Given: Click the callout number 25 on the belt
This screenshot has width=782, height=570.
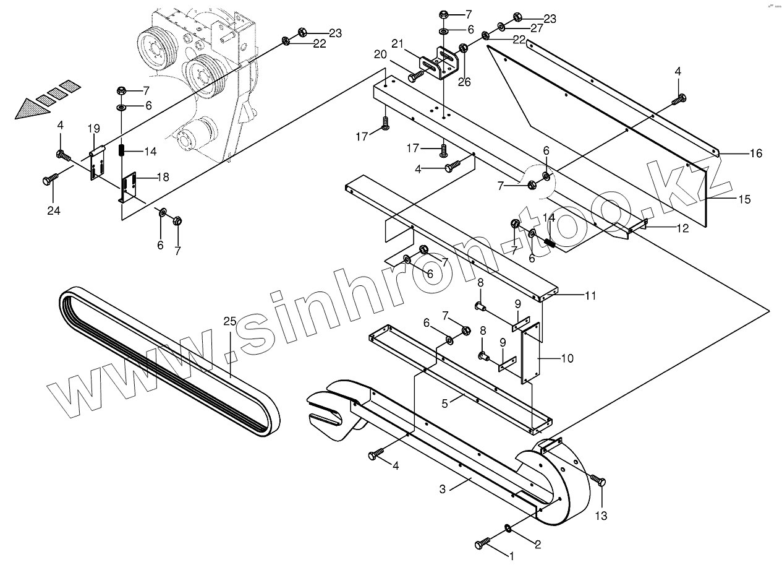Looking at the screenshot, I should [x=230, y=321].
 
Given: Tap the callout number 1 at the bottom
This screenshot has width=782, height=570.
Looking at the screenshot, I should [x=511, y=556].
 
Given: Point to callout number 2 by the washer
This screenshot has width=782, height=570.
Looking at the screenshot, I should [x=537, y=545].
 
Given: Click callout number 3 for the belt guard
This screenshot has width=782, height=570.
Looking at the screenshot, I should [x=442, y=489].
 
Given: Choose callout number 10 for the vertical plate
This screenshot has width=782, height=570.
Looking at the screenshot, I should [x=567, y=358].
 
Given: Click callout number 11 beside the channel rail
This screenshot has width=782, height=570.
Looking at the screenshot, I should [x=590, y=295].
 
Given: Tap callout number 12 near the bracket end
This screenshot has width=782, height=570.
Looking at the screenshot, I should [x=682, y=228].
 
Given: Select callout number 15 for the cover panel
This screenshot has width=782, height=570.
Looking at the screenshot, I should [x=744, y=199].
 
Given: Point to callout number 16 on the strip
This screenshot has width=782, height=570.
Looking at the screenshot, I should [x=756, y=153].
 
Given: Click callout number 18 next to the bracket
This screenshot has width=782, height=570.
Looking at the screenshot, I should [x=163, y=177].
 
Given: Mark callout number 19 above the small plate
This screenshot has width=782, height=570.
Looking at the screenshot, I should [x=93, y=129].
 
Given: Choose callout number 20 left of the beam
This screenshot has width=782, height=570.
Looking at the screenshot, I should [x=380, y=54].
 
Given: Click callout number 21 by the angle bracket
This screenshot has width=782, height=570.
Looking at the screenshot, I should [x=397, y=43].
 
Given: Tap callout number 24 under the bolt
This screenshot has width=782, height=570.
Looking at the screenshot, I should [x=54, y=210].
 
